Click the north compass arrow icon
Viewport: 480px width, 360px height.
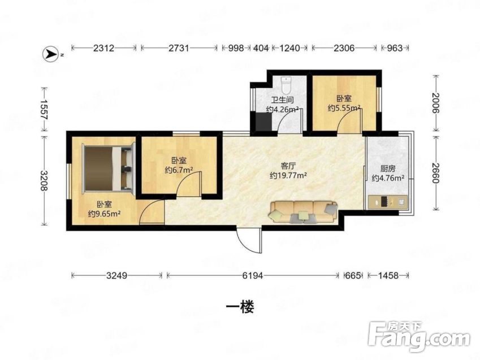tap(50, 54)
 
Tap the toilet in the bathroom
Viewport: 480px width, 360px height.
tap(286, 85)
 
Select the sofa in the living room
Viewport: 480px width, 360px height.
tap(303, 211)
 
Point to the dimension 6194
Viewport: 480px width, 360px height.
tap(253, 276)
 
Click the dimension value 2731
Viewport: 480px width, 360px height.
tap(179, 48)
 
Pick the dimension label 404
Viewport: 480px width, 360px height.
tap(261, 48)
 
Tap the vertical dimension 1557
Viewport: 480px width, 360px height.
tap(45, 110)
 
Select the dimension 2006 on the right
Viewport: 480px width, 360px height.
tap(435, 103)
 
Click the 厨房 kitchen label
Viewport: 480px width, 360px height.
tap(388, 168)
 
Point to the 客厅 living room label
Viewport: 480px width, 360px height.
tap(288, 166)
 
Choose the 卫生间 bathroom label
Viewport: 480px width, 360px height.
tap(283, 100)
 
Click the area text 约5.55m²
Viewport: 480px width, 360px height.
tap(344, 108)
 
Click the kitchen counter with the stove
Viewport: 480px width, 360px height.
tap(388, 202)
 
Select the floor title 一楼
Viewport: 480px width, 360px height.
tap(240, 307)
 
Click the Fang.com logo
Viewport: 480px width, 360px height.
tap(419, 337)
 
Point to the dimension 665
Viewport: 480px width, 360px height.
tap(353, 276)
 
